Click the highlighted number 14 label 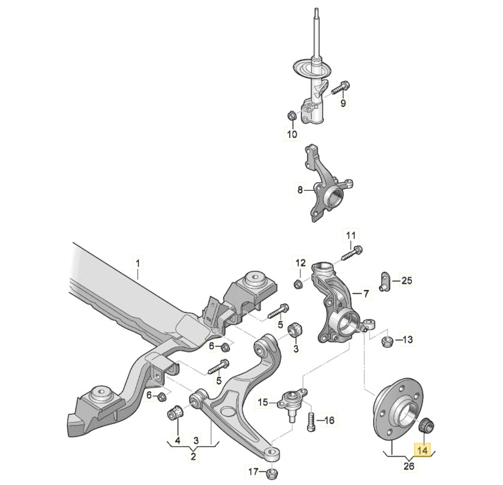coord(423,448)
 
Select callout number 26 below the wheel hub coord(408,466)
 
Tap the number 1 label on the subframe coord(137,262)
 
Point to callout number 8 coord(301,191)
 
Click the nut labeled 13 coord(388,342)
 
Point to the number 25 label coord(407,280)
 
